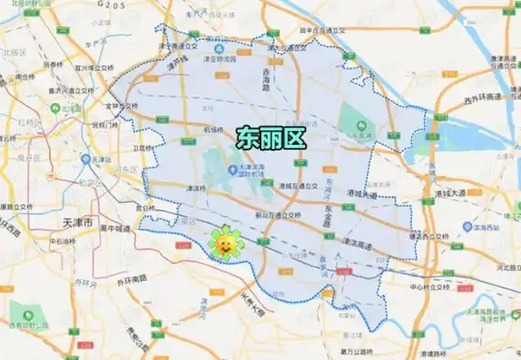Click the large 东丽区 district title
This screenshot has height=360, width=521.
tap(271, 138)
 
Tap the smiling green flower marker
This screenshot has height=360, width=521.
tap(224, 244)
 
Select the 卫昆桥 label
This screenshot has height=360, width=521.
tap(142, 147)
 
